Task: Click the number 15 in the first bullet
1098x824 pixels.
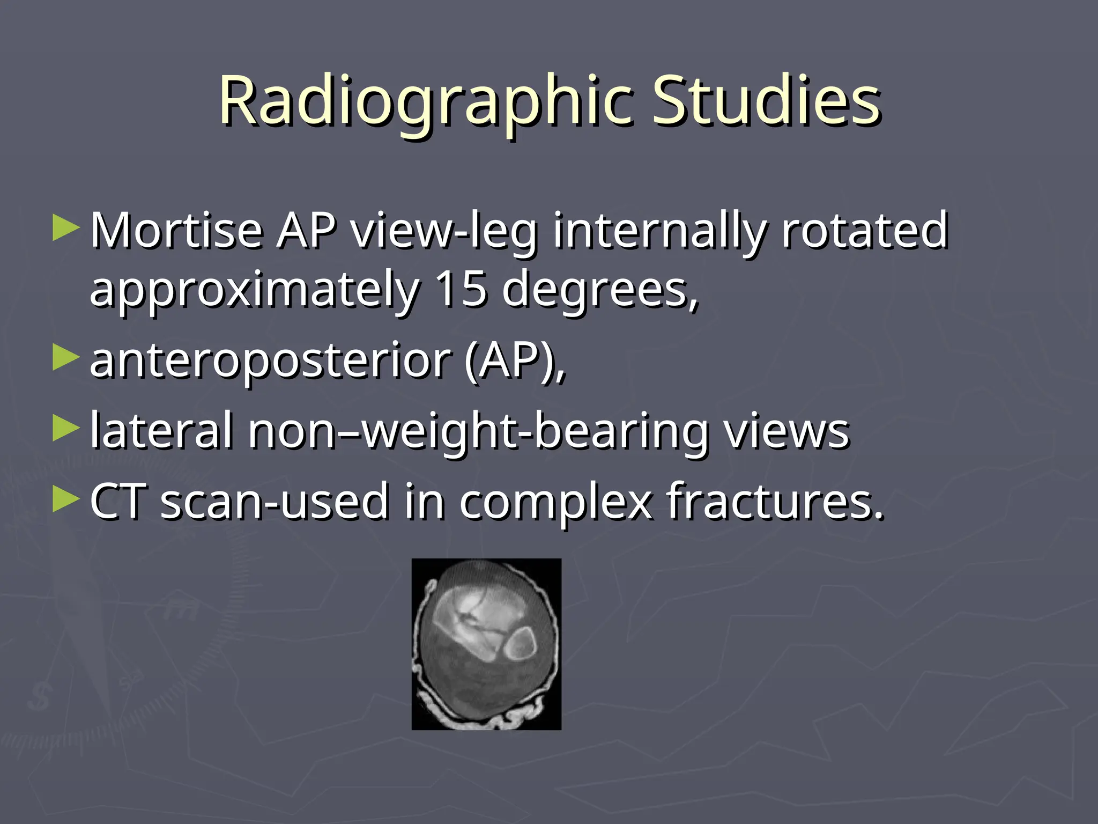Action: (x=461, y=290)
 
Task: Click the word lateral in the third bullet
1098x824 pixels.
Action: (x=161, y=430)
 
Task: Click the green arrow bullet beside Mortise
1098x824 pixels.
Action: (x=66, y=228)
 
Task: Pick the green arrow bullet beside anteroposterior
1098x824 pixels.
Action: (x=66, y=358)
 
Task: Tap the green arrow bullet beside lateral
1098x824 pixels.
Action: (x=66, y=428)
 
